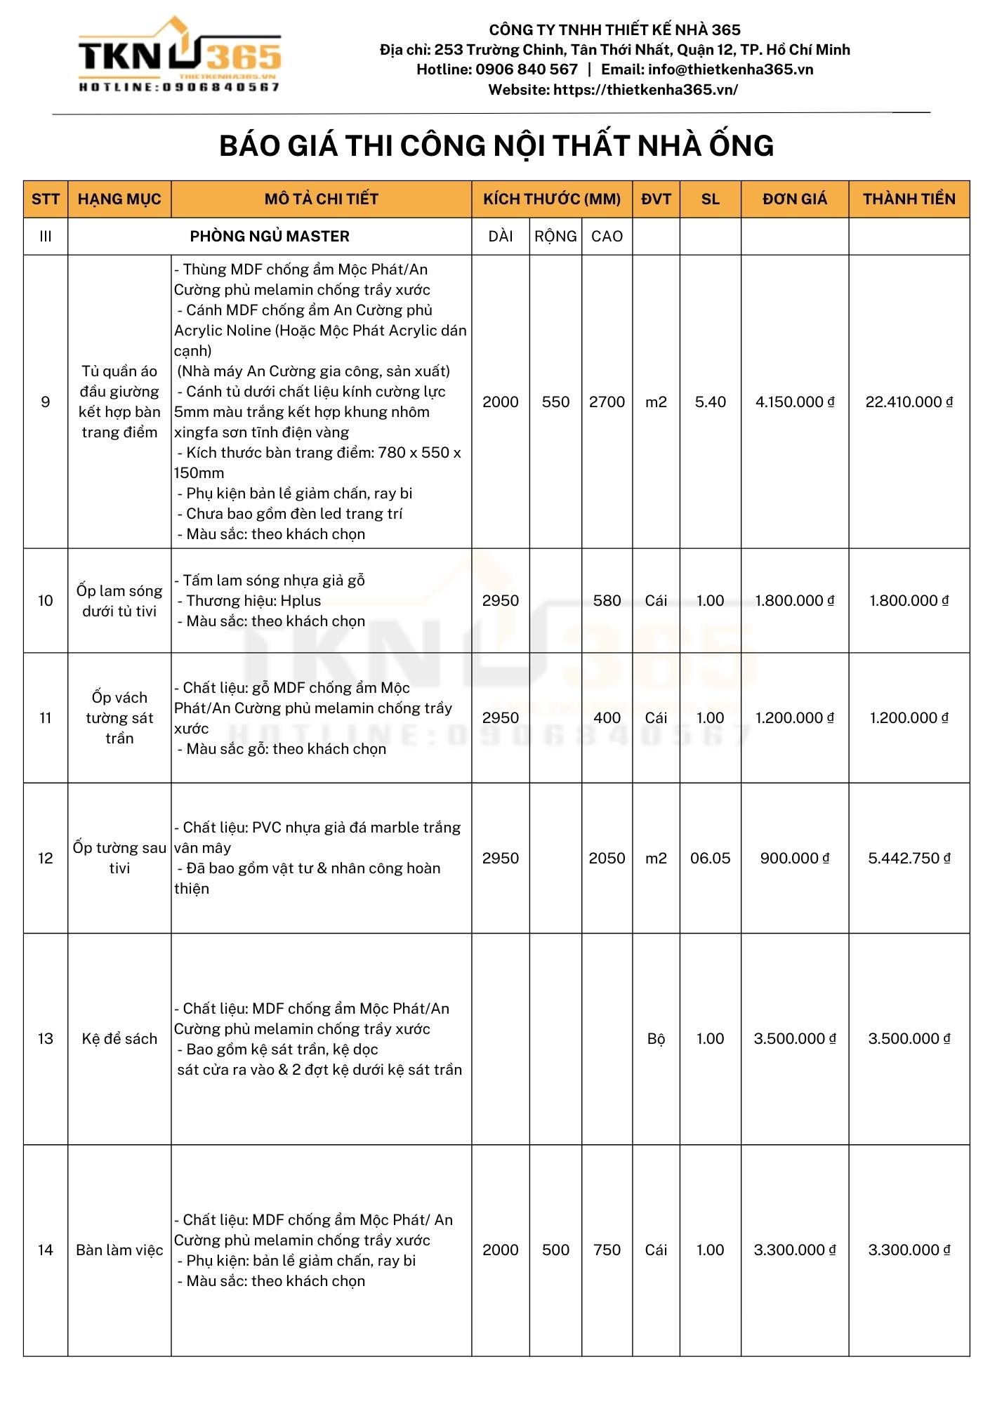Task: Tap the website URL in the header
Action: click(x=645, y=90)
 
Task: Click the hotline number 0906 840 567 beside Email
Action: click(x=527, y=69)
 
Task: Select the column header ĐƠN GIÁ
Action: click(x=795, y=199)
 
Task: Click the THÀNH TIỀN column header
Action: click(x=909, y=199)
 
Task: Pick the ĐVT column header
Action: click(x=656, y=199)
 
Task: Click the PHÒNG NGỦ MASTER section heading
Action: click(x=270, y=237)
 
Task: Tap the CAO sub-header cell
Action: click(x=607, y=237)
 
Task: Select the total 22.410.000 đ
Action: click(x=909, y=402)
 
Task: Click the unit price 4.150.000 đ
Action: click(x=795, y=402)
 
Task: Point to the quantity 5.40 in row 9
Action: click(x=710, y=402)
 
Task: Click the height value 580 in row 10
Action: click(x=607, y=601)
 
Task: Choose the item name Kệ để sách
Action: click(x=119, y=1039)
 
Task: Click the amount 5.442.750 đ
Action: click(x=909, y=859)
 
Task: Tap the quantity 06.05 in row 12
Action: click(x=710, y=859)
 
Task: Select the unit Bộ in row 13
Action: click(x=656, y=1039)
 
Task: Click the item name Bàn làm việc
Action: click(x=119, y=1250)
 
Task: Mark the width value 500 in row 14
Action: click(x=555, y=1250)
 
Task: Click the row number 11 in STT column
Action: click(x=46, y=718)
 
